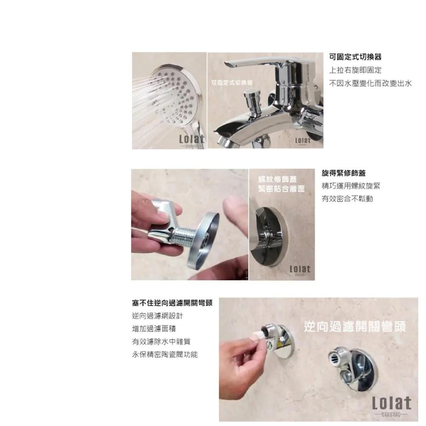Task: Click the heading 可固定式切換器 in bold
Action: pos(355,57)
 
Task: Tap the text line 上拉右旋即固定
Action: pos(355,70)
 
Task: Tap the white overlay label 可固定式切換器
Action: pos(232,82)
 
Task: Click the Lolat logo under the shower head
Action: pos(192,140)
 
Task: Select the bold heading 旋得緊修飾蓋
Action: pos(343,173)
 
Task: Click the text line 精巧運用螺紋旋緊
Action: pos(351,186)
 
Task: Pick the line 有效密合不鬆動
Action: pos(347,199)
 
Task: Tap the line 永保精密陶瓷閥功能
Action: pos(164,354)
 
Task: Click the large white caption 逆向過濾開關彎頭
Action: pos(355,327)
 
